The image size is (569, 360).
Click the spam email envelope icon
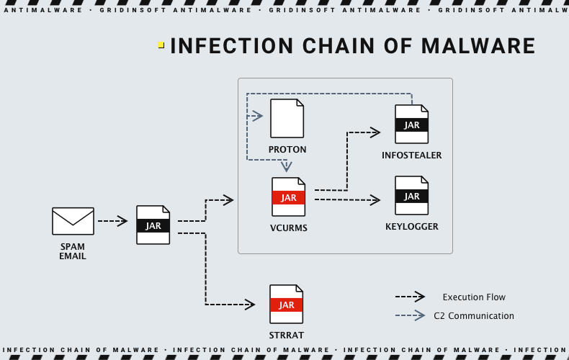tap(73, 221)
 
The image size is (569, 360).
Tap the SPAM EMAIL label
tap(73, 251)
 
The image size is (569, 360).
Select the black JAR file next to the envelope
tap(153, 225)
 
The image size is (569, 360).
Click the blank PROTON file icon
tap(287, 119)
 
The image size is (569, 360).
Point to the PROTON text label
tap(287, 150)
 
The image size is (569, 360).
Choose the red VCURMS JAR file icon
tap(288, 197)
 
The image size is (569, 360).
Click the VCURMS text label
tap(288, 228)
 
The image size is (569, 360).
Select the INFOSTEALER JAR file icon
tap(411, 124)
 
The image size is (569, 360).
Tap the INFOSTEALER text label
tap(411, 156)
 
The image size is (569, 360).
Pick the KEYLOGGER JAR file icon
tap(411, 195)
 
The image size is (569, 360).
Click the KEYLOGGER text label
tap(411, 227)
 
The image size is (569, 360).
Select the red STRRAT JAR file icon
tap(287, 304)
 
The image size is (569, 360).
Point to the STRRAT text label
tap(287, 335)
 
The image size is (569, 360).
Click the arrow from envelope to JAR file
tap(112, 221)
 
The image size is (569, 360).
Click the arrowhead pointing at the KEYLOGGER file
tap(375, 199)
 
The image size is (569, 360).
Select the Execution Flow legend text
tap(474, 297)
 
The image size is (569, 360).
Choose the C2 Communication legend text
tap(474, 315)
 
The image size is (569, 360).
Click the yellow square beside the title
tap(161, 45)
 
